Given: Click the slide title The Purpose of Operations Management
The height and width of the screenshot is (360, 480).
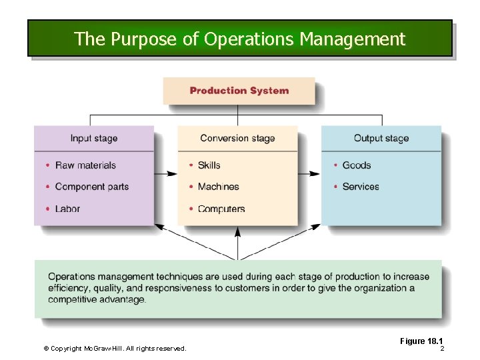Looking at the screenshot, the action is click(x=239, y=39).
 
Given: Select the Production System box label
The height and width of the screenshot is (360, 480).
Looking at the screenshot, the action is click(x=239, y=91).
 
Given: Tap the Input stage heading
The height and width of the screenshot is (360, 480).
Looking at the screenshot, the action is click(x=94, y=139).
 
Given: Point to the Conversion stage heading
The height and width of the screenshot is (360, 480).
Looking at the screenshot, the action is click(x=237, y=139).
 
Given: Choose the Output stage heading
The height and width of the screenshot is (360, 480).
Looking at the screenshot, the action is click(x=381, y=139).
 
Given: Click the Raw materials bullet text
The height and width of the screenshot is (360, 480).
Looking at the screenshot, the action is click(x=85, y=165).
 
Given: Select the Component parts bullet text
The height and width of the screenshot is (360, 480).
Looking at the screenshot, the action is click(x=92, y=187).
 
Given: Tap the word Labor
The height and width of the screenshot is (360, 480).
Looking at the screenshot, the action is click(x=67, y=209).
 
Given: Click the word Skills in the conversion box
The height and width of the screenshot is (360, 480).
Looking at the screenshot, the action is click(x=209, y=165).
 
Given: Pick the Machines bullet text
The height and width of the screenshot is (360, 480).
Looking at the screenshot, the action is click(x=218, y=187).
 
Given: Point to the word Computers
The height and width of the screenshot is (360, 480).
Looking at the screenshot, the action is click(x=221, y=209).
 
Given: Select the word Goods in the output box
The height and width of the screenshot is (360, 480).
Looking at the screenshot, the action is click(x=357, y=165).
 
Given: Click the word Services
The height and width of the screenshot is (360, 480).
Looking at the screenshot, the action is click(x=361, y=187).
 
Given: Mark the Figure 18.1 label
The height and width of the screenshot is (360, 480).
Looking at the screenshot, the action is click(x=421, y=341).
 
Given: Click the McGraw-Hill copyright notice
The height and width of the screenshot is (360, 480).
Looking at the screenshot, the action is click(x=115, y=348).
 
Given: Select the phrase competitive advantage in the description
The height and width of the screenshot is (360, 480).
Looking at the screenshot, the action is click(x=97, y=300).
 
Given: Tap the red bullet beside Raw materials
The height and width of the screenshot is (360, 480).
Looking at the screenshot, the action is click(x=48, y=165).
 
